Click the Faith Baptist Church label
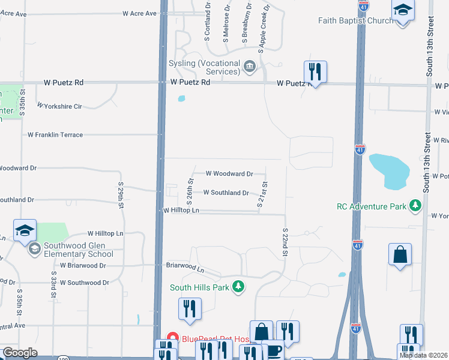pos(355,20)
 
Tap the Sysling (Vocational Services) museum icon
pos(250,65)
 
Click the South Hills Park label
pos(199,287)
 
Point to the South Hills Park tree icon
pos(239,286)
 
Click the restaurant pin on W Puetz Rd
pos(315,73)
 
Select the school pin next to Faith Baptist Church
pos(403,11)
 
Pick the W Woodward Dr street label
pos(229,173)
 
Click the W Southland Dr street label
pos(226,193)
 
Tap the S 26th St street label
pos(189,190)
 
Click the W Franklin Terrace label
pos(55,135)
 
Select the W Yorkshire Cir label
pos(59,106)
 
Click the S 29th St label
pos(121,197)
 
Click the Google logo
pos(20,353)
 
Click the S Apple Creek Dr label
pos(263,24)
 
